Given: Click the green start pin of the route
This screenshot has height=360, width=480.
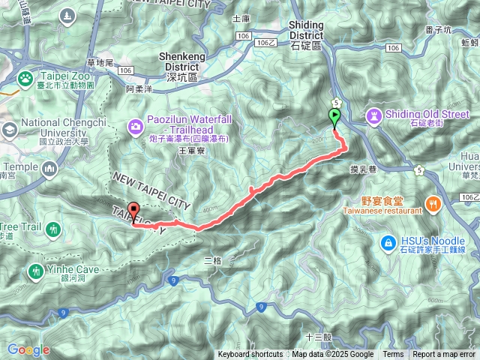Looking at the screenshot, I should pyautogui.click(x=334, y=116).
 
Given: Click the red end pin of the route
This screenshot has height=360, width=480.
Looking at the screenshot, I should pyautogui.click(x=134, y=211).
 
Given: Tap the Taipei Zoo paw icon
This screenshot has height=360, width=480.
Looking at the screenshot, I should pyautogui.click(x=25, y=77).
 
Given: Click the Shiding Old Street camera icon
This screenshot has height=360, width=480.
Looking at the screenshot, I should pyautogui.click(x=374, y=115).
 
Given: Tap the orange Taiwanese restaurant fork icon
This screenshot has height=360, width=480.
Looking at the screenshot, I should pyautogui.click(x=433, y=202).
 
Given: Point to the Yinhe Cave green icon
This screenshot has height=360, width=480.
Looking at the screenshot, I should pyautogui.click(x=35, y=270).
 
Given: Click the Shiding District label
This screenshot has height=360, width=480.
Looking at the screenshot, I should pyautogui.click(x=305, y=30).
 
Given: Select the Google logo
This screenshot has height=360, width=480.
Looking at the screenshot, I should pyautogui.click(x=28, y=349).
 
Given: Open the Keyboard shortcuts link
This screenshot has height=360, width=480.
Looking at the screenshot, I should pyautogui.click(x=250, y=355).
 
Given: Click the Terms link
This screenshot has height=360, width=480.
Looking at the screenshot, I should pyautogui.click(x=393, y=355).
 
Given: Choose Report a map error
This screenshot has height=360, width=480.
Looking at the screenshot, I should pyautogui.click(x=444, y=355).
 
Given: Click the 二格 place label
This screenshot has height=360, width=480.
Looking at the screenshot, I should pyautogui.click(x=213, y=260).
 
